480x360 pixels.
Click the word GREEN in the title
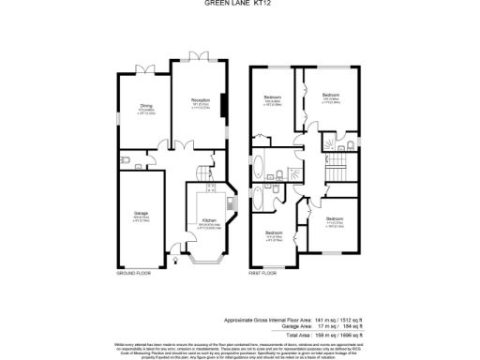pos(221,13)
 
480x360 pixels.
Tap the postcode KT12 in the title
pos(260,13)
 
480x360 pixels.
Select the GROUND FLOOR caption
pos(133,273)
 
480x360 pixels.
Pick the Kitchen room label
pos(209,222)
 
